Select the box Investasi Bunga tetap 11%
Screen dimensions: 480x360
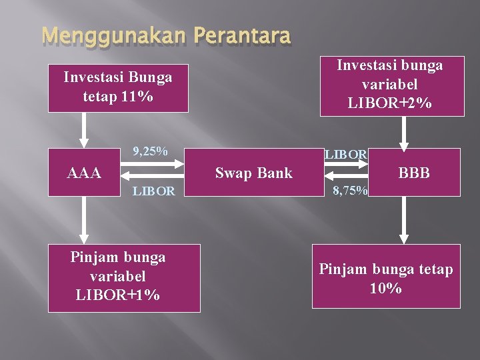tap(117, 87)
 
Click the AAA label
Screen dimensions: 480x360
tap(85, 173)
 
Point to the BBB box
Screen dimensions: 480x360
tap(413, 173)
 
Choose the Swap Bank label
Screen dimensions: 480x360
tap(253, 173)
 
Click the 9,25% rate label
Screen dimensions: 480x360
tap(150, 151)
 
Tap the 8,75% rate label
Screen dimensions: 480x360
tap(351, 191)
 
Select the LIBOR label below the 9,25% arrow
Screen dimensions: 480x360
tap(153, 191)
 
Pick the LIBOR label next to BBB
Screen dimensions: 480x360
tap(345, 155)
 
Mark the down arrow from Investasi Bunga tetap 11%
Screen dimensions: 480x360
tap(84, 130)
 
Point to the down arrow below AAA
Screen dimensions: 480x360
tap(84, 221)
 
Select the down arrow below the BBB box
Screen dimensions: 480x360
tap(404, 221)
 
